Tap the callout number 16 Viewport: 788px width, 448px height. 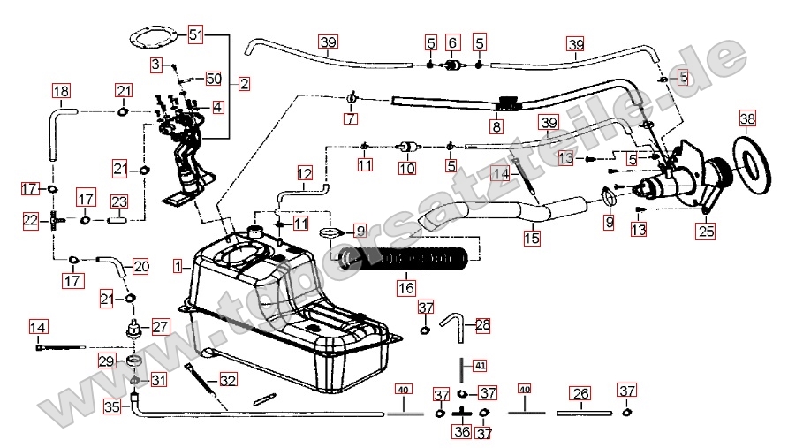tap(405, 287)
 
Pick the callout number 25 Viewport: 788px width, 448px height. tap(704, 232)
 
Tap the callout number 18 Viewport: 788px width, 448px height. tap(61, 92)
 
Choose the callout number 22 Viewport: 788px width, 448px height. tap(31, 219)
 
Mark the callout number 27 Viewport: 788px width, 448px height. tap(160, 326)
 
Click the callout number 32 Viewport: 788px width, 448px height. tap(228, 381)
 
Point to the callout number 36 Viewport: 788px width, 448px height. tap(462, 432)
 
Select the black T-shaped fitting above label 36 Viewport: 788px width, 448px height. tap(462, 413)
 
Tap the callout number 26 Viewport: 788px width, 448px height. tap(580, 393)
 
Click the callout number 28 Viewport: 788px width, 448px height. tap(482, 325)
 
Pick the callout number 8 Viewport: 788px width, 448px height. tap(496, 127)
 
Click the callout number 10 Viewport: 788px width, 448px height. tap(406, 167)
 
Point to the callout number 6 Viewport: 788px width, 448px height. tap(452, 42)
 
